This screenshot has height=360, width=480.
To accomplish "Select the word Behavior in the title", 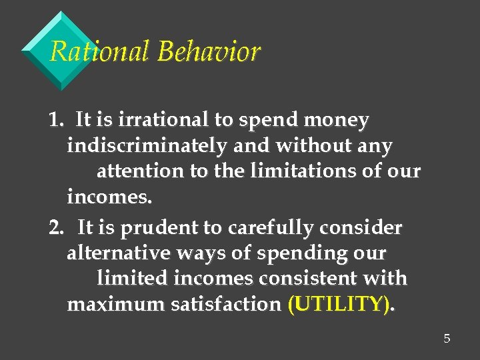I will point(208,51).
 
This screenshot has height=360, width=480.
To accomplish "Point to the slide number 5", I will point(447,339).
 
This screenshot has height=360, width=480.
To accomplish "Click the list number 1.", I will point(55,120).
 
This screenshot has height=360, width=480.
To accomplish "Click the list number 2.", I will point(56,228).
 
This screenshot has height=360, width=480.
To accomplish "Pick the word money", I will point(337,121).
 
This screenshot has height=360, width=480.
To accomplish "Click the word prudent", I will point(167,229).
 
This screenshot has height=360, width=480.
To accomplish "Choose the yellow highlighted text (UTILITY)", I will point(339,305).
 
